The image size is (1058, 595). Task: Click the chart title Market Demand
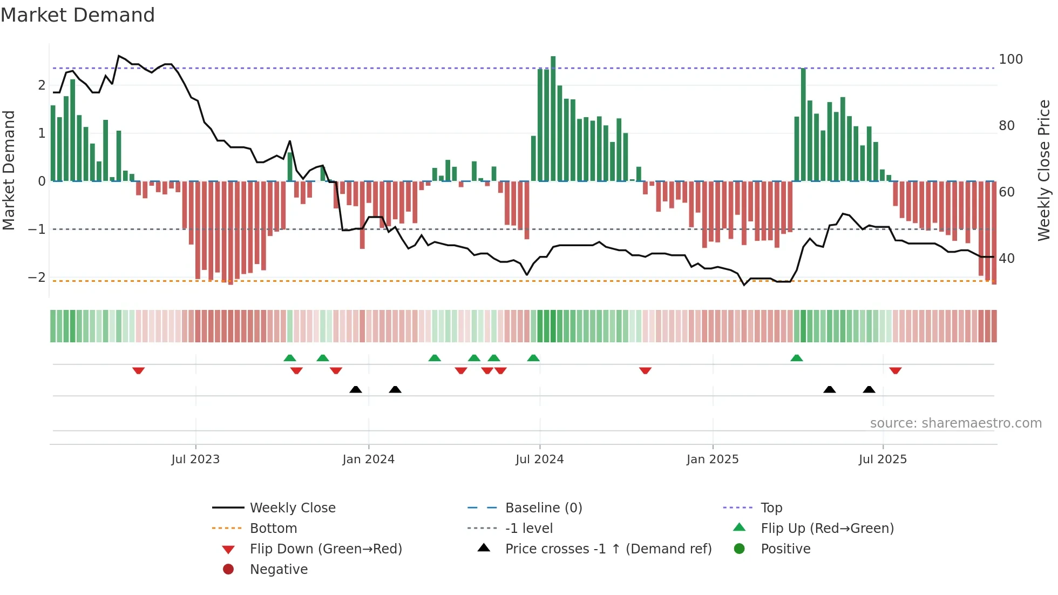[78, 15]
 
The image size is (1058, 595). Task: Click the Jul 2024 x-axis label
[539, 459]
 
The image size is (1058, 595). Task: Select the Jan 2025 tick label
[712, 459]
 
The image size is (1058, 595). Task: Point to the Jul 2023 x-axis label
[195, 459]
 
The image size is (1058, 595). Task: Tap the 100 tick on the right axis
[1010, 59]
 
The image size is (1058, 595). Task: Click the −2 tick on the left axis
[37, 278]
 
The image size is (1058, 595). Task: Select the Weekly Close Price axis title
[1044, 170]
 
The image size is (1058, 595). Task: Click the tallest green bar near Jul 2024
[553, 119]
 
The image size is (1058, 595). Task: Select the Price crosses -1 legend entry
[608, 549]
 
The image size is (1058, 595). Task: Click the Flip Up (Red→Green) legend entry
[827, 529]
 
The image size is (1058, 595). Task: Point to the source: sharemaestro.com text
[955, 423]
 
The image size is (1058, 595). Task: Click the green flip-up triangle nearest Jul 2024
[533, 358]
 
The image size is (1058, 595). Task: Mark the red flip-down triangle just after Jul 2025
[896, 370]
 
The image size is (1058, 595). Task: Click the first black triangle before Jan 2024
[356, 389]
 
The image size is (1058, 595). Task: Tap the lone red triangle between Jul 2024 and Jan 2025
[645, 370]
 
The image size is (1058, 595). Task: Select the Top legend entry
[771, 508]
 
